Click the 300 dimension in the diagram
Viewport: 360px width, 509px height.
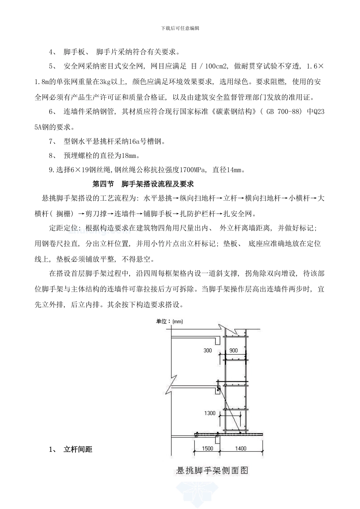(208, 350)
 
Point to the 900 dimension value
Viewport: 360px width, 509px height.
(234, 350)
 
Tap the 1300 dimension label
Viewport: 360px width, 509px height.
(210, 413)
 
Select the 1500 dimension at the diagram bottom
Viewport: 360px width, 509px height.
(207, 448)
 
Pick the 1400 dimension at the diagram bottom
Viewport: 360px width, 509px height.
(241, 448)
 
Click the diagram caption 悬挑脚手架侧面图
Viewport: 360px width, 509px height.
(212, 470)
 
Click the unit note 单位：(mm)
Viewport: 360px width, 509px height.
(169, 322)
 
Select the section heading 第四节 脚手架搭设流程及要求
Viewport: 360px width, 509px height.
(143, 184)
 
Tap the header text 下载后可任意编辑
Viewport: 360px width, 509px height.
(180, 28)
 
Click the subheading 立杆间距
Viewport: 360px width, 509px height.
(78, 450)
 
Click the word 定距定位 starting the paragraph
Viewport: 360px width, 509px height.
(63, 228)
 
